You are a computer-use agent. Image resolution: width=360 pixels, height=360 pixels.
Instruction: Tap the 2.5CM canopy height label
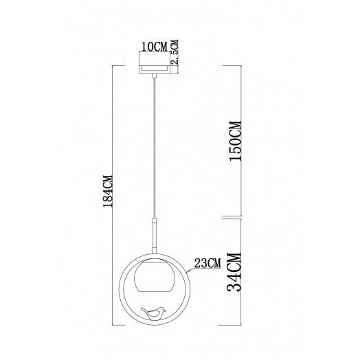pos(175,53)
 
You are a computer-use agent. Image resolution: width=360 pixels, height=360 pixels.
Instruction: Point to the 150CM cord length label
pos(235,141)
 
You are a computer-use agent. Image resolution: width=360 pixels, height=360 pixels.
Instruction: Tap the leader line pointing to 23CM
pos(188,265)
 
